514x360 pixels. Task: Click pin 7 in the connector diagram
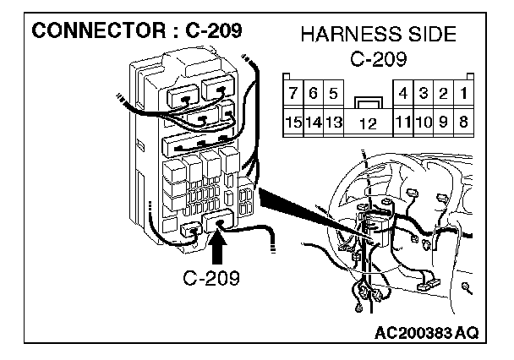click(x=293, y=91)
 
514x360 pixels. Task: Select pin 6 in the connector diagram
click(x=313, y=91)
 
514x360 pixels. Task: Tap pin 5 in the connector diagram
click(x=332, y=91)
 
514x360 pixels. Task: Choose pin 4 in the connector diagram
click(x=404, y=91)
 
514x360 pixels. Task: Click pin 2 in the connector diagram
click(x=445, y=91)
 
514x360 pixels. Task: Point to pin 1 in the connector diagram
click(x=464, y=91)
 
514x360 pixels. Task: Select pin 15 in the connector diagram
click(x=293, y=123)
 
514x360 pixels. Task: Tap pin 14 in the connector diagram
click(x=313, y=123)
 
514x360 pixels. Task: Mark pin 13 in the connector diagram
click(x=332, y=123)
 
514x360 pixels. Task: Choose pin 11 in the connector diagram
click(x=404, y=123)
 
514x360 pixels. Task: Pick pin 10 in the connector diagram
click(x=424, y=123)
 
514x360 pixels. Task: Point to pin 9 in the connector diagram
click(x=445, y=123)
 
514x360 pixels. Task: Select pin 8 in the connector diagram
click(x=464, y=123)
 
